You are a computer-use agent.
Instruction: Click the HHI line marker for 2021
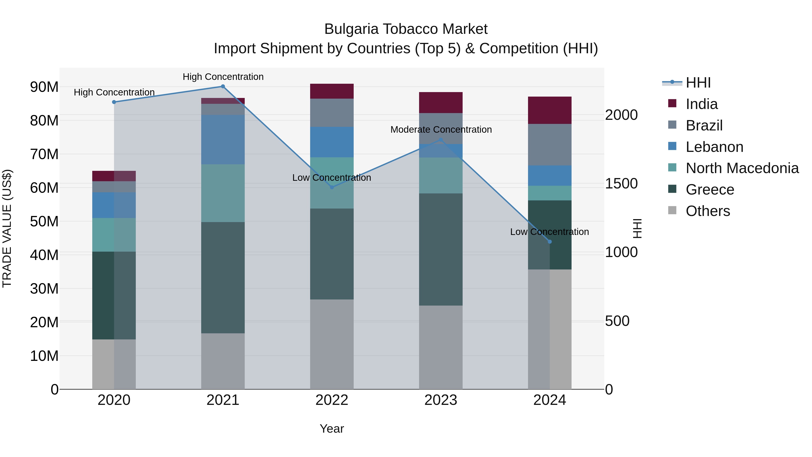[x=223, y=86]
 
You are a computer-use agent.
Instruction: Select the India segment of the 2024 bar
[x=550, y=110]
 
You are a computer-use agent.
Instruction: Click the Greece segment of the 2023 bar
[x=441, y=249]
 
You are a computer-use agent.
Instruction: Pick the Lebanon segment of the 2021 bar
[x=223, y=139]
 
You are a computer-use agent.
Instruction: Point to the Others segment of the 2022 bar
[x=332, y=344]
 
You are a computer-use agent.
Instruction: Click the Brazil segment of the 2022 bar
[x=332, y=113]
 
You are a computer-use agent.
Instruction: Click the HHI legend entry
[x=698, y=83]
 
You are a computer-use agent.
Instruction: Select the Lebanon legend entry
[x=714, y=147]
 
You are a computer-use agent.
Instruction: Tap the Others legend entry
[x=708, y=211]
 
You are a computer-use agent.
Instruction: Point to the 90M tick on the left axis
[x=44, y=87]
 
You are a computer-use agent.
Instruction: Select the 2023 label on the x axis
[x=441, y=400]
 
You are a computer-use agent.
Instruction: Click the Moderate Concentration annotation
[x=441, y=130]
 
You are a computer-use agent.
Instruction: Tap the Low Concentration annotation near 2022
[x=332, y=178]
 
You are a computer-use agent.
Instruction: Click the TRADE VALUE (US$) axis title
[x=7, y=228]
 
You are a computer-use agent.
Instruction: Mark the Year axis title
[x=332, y=429]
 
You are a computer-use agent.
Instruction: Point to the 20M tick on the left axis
[x=44, y=322]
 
